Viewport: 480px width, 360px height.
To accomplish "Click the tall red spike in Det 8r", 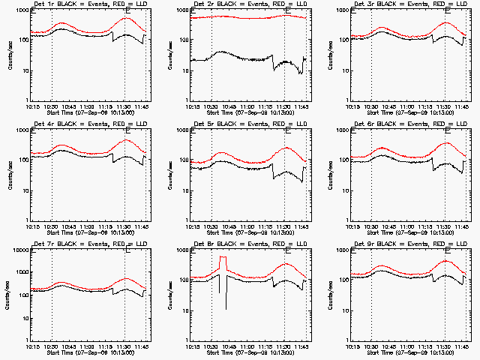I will pos(223,258).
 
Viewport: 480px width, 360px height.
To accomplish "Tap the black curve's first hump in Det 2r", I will pos(223,52).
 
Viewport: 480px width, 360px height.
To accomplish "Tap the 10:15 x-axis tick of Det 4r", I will pos(32,227).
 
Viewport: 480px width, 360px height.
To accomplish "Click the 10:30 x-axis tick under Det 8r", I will pos(211,347).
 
